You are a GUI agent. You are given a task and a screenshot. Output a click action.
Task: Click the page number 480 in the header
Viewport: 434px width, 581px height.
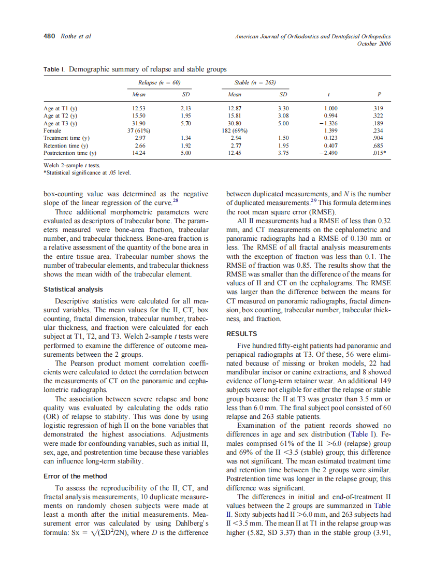click(x=49, y=36)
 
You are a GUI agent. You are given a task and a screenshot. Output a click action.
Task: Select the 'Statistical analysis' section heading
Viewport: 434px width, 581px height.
click(x=73, y=289)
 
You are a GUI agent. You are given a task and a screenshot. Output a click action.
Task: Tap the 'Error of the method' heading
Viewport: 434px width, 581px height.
click(x=75, y=476)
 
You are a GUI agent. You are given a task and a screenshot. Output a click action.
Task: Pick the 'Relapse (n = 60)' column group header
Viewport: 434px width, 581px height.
click(x=158, y=82)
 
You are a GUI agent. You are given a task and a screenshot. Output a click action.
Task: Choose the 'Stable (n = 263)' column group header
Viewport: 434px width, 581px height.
click(x=255, y=82)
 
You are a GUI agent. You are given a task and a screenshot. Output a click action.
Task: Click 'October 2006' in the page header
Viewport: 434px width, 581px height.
click(x=374, y=43)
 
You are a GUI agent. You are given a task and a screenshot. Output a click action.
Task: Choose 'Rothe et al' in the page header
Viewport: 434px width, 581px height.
click(x=76, y=36)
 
